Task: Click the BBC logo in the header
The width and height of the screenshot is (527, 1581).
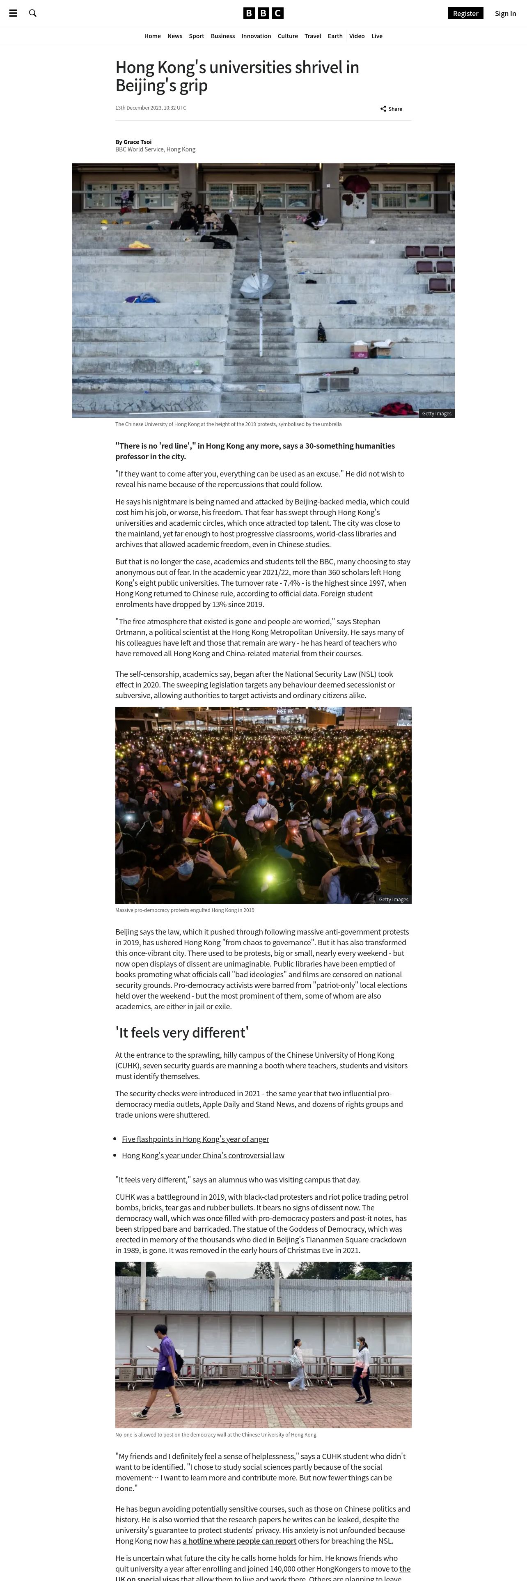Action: point(263,13)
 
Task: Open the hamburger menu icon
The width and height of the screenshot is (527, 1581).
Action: point(13,13)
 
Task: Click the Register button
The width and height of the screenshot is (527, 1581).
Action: point(465,14)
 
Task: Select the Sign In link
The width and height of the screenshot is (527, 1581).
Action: point(505,14)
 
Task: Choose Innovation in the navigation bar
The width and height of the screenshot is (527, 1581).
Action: point(256,36)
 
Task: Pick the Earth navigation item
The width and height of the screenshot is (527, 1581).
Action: point(335,36)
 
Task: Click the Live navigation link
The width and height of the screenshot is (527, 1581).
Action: point(377,36)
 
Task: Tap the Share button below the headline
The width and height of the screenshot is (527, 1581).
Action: point(392,109)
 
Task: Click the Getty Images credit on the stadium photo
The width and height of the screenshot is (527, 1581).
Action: point(436,414)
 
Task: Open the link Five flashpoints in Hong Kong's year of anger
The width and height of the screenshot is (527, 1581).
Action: point(195,1139)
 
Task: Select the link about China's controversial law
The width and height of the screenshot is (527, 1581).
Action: point(203,1155)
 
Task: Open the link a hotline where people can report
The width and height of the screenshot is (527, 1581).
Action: point(239,1540)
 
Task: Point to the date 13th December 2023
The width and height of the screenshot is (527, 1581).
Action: point(150,108)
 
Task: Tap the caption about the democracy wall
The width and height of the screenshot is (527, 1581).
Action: point(216,1434)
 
